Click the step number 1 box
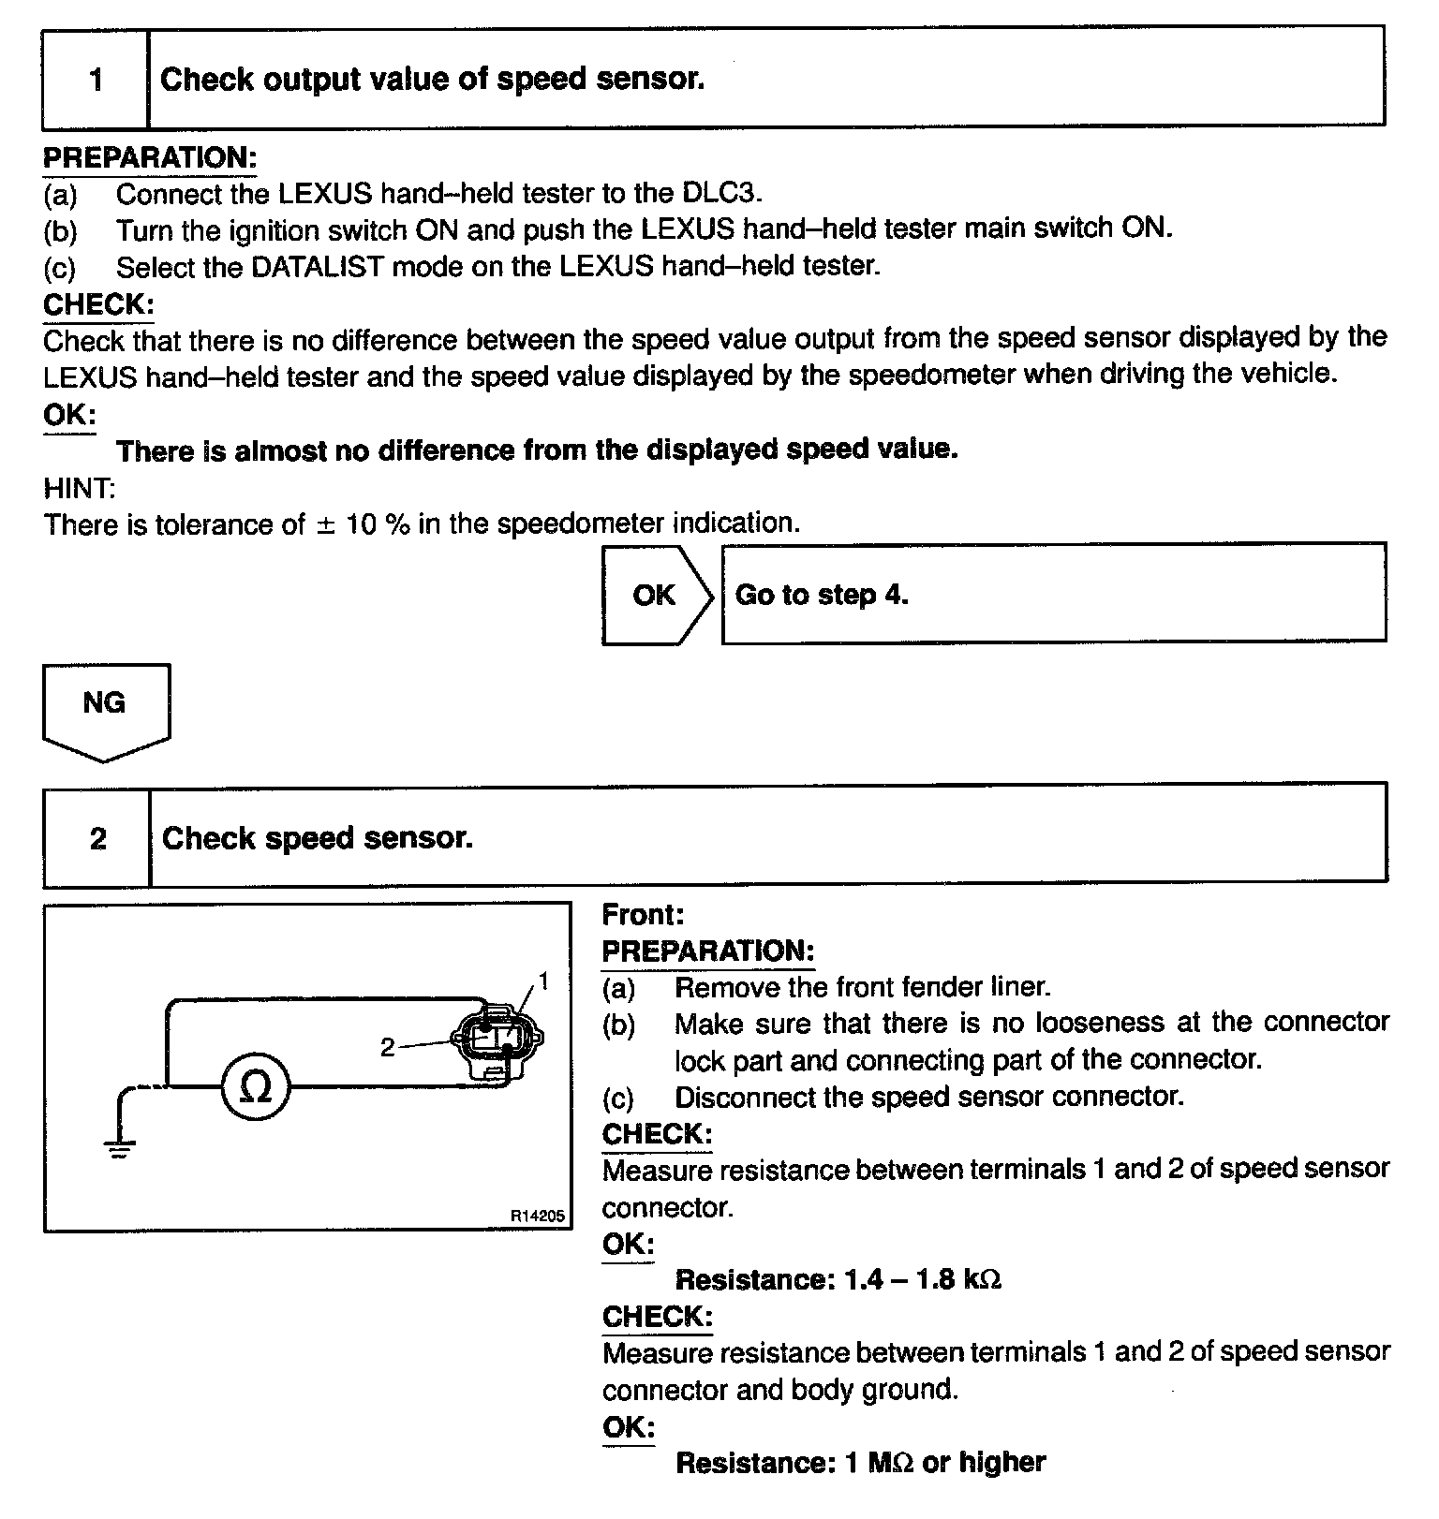(96, 80)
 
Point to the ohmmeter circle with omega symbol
(256, 1087)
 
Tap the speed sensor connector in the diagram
(497, 1040)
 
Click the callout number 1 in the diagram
(543, 981)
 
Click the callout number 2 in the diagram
(388, 1048)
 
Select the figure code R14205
(538, 1216)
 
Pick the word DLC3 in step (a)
(718, 194)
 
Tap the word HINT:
(80, 488)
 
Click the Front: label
(643, 915)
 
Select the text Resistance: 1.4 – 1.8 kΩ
(838, 1280)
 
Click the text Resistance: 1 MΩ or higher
(860, 1463)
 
